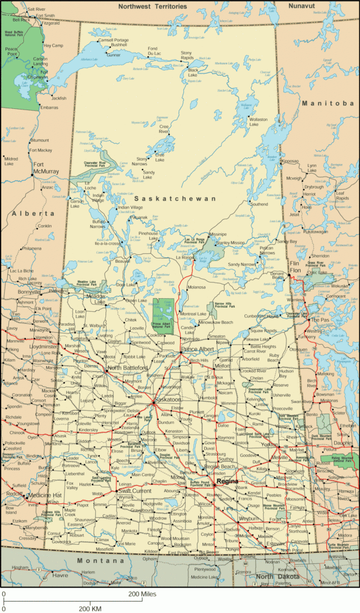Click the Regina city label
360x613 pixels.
[x=227, y=481]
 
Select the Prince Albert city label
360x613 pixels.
[x=198, y=349]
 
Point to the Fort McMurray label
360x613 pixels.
[x=46, y=168]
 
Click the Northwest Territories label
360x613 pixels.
[x=152, y=6]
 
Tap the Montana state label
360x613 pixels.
[x=100, y=562]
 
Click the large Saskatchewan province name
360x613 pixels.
[x=174, y=198]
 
